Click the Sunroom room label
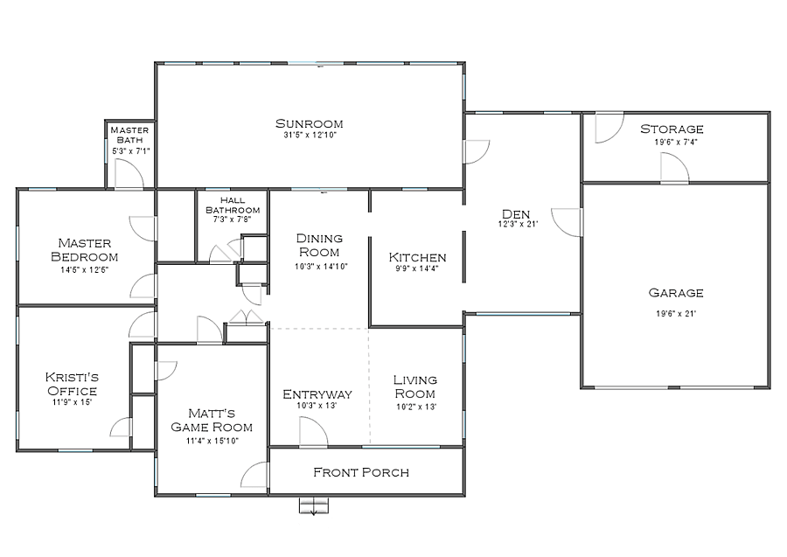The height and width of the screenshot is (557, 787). pyautogui.click(x=310, y=123)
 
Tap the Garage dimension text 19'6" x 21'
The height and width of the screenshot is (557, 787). pyautogui.click(x=676, y=314)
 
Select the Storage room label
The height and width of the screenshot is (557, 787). pyautogui.click(x=672, y=129)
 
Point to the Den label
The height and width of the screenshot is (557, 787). pyautogui.click(x=516, y=214)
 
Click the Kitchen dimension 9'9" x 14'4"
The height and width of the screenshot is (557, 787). pyautogui.click(x=417, y=268)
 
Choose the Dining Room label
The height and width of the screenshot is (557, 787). pyautogui.click(x=319, y=245)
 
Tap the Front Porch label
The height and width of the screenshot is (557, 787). pyautogui.click(x=361, y=472)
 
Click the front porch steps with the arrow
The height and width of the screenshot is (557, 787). pyautogui.click(x=314, y=505)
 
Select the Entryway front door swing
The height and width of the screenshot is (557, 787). pyautogui.click(x=314, y=432)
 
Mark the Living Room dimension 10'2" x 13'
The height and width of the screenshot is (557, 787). pyautogui.click(x=416, y=407)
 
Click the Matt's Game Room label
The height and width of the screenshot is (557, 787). pyautogui.click(x=212, y=420)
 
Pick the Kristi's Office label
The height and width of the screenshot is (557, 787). pyautogui.click(x=72, y=384)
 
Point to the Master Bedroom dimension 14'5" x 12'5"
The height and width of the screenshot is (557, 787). pyautogui.click(x=84, y=270)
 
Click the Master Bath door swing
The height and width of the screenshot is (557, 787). pyautogui.click(x=129, y=174)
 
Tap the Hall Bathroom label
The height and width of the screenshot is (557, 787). pyautogui.click(x=233, y=205)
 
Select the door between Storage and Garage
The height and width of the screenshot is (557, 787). pyautogui.click(x=674, y=167)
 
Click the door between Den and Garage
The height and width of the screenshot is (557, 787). pyautogui.click(x=567, y=222)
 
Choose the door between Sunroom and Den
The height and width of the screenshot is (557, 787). pyautogui.click(x=477, y=151)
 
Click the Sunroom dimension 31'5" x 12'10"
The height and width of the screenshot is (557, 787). pyautogui.click(x=310, y=136)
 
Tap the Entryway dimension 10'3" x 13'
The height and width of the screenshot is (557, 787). pyautogui.click(x=317, y=406)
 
